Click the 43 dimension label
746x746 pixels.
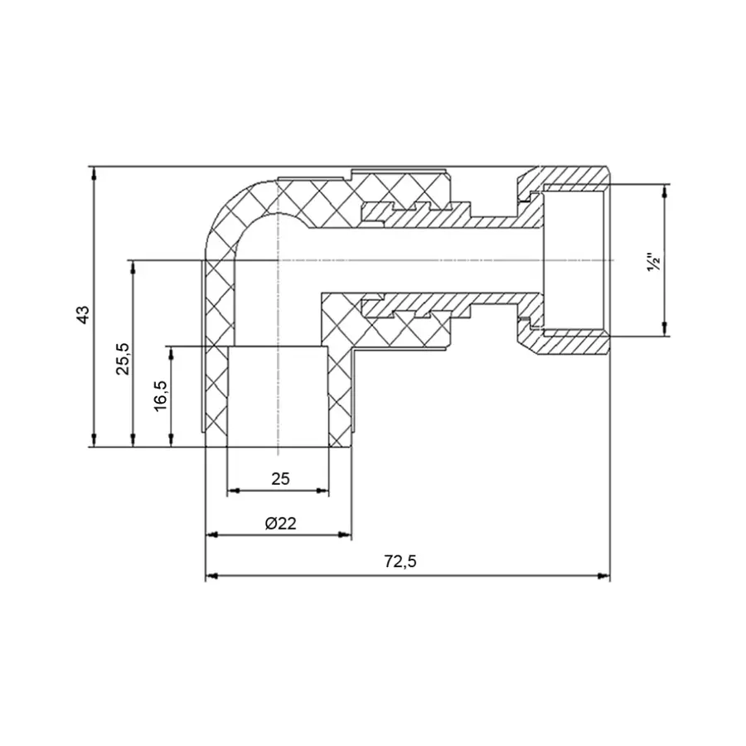point(82,316)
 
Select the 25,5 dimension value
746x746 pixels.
point(123,357)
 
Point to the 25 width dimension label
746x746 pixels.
point(279,478)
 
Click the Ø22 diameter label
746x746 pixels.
point(280,523)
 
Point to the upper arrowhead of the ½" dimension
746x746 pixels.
point(663,190)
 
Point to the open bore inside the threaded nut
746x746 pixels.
point(574,261)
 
